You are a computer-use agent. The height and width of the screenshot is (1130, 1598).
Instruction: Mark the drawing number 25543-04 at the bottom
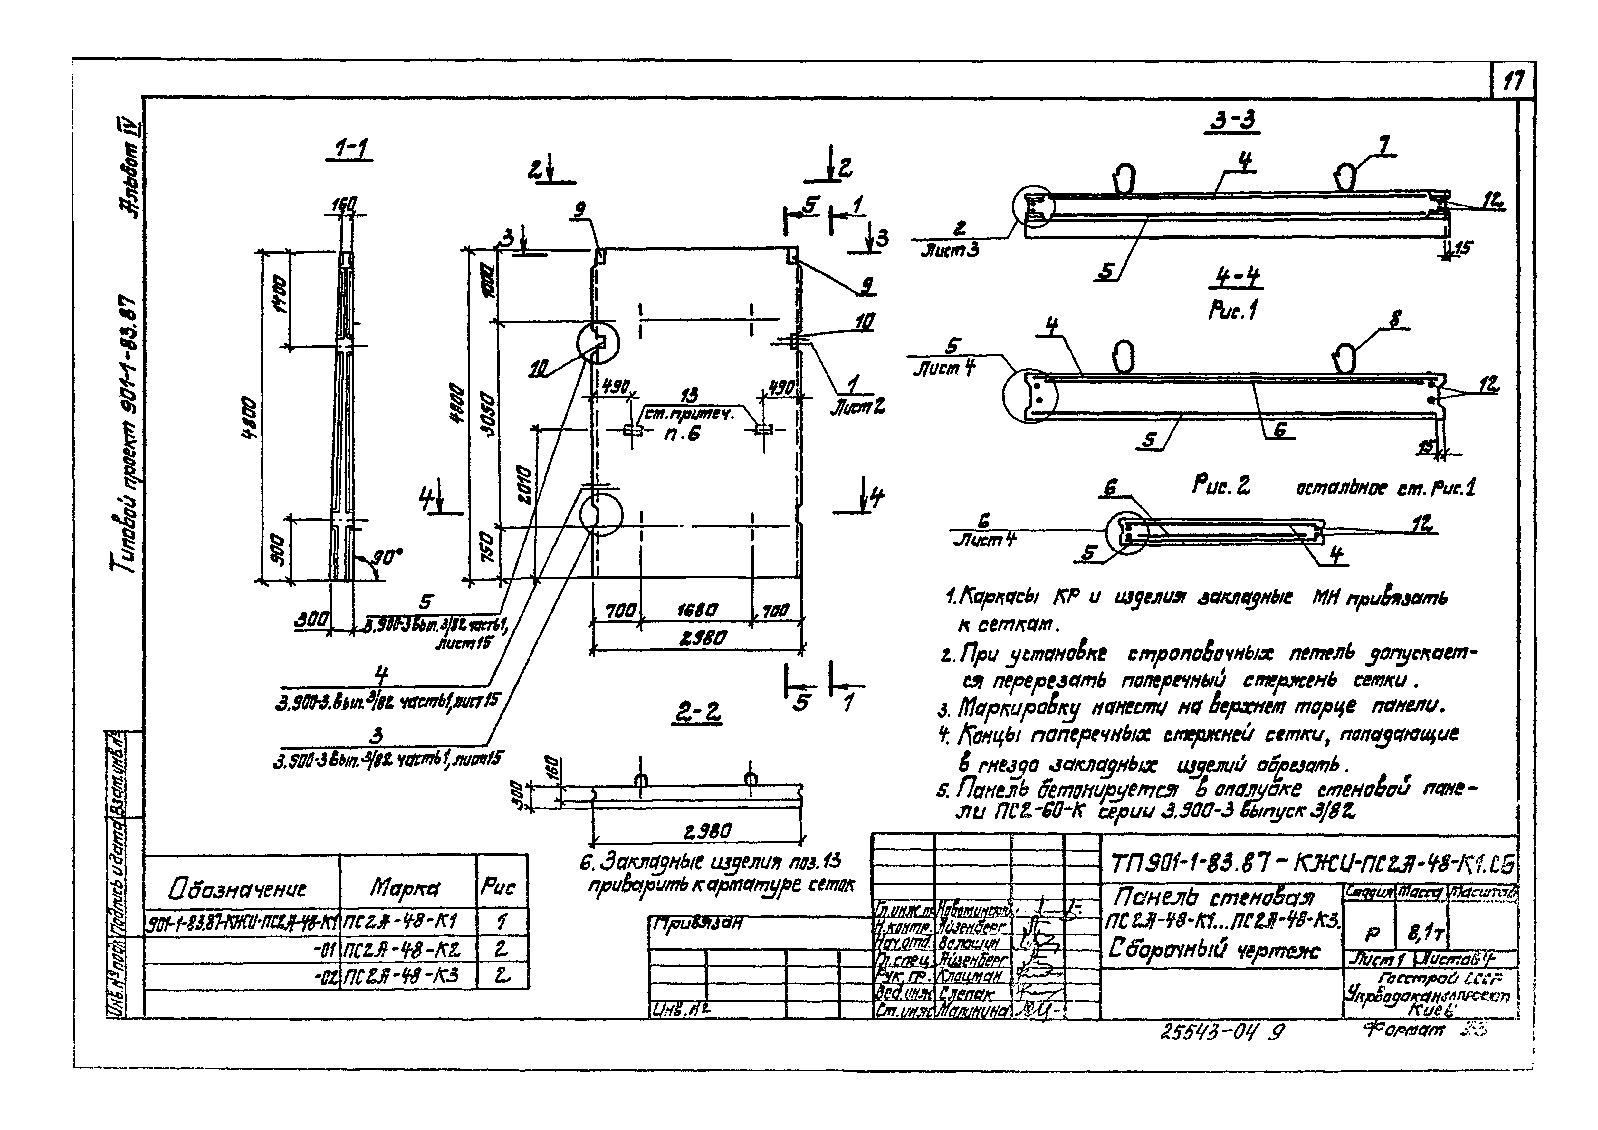point(1211,1033)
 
